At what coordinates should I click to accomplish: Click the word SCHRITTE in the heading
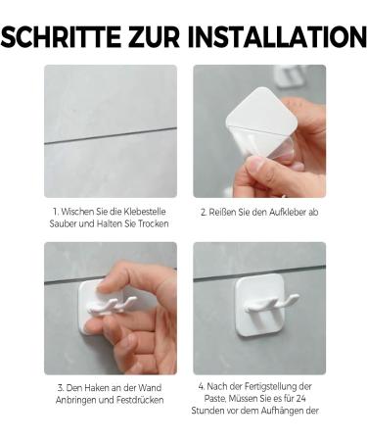pyautogui.click(x=62, y=36)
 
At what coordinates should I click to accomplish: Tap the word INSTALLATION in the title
pyautogui.click(x=277, y=36)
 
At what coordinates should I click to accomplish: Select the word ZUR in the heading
pyautogui.click(x=155, y=36)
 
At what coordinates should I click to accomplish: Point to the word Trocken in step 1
pyautogui.click(x=154, y=223)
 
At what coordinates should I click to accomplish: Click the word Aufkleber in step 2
pyautogui.click(x=288, y=212)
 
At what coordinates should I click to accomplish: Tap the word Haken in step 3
pyautogui.click(x=95, y=388)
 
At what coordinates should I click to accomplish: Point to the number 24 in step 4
pyautogui.click(x=300, y=399)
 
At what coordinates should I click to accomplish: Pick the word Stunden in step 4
pyautogui.click(x=206, y=411)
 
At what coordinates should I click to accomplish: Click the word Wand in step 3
pyautogui.click(x=150, y=388)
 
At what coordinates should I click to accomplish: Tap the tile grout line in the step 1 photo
pyautogui.click(x=111, y=135)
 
